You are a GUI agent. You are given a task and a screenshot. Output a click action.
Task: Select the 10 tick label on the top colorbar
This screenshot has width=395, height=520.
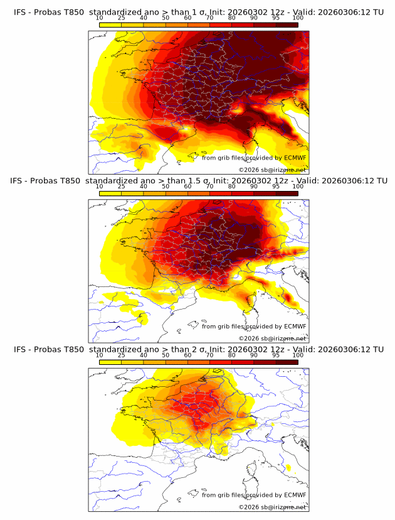[x=99, y=18]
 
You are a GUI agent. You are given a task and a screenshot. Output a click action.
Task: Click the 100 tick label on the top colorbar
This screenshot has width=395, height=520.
[x=298, y=18]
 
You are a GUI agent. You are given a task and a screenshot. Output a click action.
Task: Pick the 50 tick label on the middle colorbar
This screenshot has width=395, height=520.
[x=166, y=187]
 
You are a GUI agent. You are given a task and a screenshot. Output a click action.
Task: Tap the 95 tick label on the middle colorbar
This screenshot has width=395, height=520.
[x=276, y=187]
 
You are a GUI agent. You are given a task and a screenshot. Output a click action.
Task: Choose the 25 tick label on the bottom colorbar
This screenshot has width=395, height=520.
[x=121, y=355]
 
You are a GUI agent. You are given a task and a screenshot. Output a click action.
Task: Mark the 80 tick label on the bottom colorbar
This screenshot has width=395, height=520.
[x=231, y=355]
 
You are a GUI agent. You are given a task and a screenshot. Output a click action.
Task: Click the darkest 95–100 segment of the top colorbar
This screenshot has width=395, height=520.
[x=287, y=24]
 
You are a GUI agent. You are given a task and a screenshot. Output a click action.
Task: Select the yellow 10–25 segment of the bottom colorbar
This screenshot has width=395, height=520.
[x=110, y=361]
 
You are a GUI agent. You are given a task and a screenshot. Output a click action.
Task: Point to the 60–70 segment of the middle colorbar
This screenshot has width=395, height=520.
[x=198, y=193]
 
